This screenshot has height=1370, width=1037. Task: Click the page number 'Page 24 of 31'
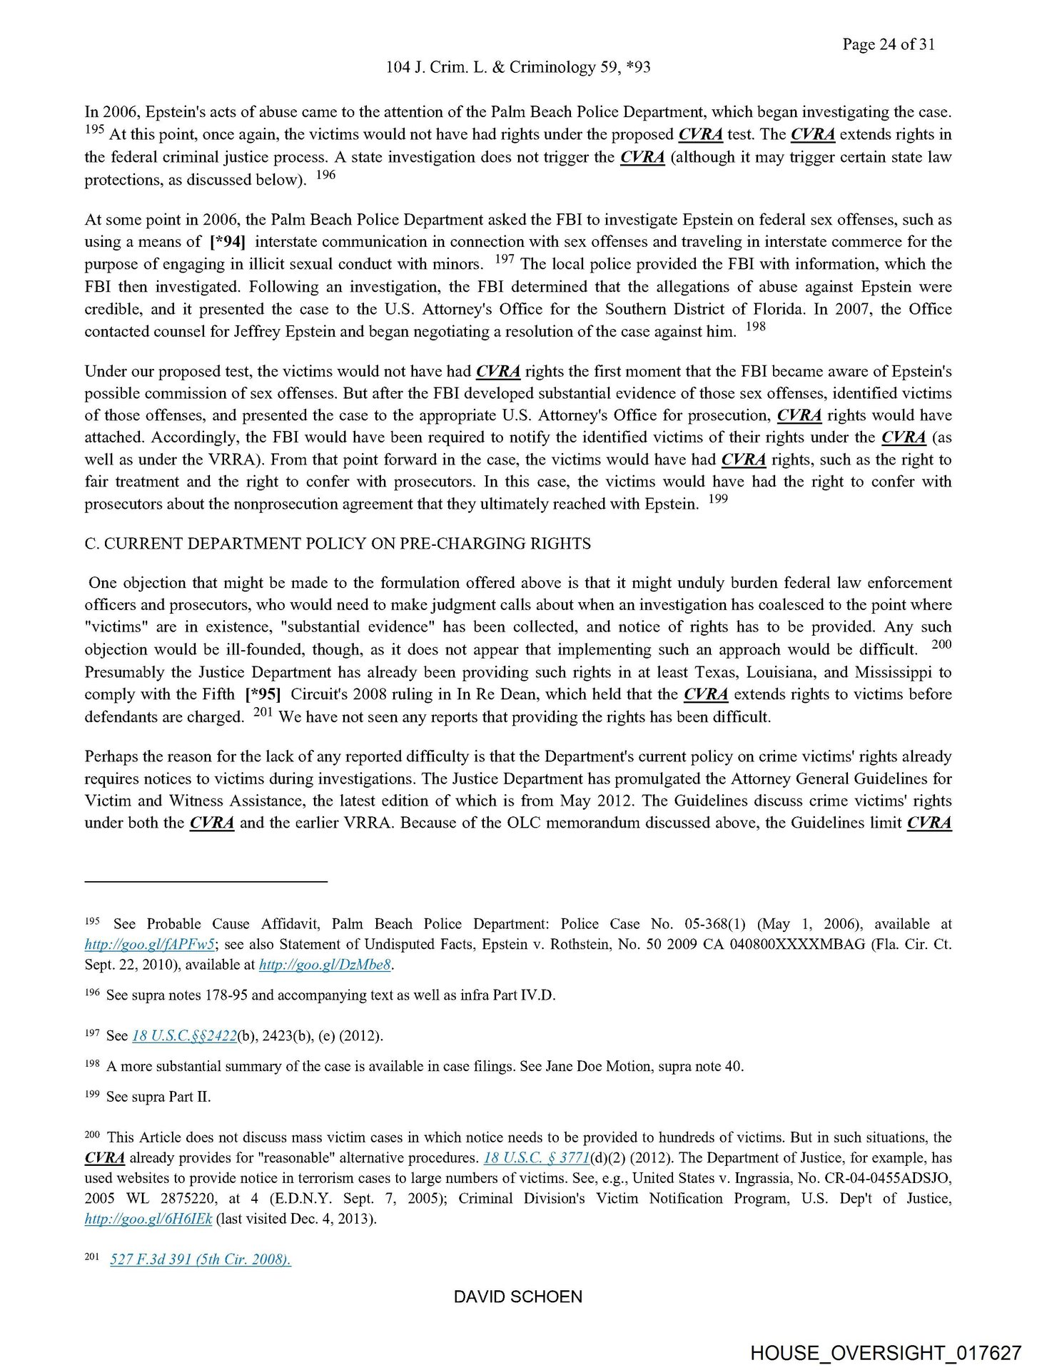click(888, 44)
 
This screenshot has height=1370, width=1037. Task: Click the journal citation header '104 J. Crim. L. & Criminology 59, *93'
click(517, 67)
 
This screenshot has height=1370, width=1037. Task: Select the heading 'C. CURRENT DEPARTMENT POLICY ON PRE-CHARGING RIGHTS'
click(338, 544)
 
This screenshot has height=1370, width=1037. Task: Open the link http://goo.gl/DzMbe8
click(325, 965)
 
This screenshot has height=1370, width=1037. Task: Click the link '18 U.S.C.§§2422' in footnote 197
click(184, 1035)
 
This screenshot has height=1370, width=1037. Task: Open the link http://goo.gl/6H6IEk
click(148, 1219)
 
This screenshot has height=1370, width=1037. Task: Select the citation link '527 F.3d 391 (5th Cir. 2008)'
click(201, 1259)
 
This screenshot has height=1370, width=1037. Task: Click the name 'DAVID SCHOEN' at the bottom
click(517, 1297)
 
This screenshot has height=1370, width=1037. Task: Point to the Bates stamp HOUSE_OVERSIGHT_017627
click(885, 1353)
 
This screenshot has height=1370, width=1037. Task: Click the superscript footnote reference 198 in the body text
click(755, 327)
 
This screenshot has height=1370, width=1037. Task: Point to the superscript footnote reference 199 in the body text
click(718, 499)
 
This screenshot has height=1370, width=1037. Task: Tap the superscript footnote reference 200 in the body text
click(941, 644)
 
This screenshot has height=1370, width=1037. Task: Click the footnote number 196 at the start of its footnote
click(92, 993)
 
